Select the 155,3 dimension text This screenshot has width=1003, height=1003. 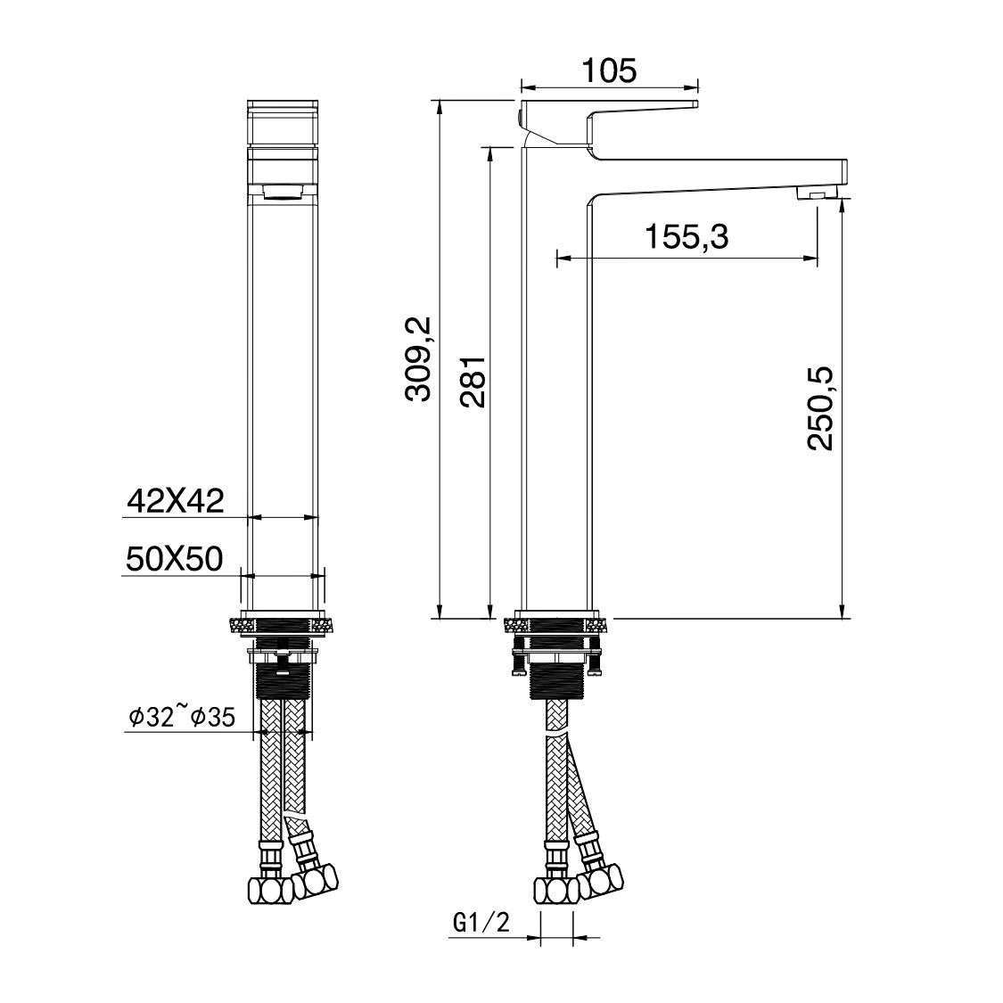[687, 237]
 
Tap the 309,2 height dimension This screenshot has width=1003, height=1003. [419, 358]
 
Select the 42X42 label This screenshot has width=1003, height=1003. [175, 501]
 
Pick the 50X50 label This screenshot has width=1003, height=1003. [174, 559]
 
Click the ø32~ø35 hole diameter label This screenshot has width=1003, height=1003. [181, 716]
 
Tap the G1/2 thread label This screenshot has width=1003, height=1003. [481, 925]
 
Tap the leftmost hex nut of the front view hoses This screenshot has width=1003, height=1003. [265, 889]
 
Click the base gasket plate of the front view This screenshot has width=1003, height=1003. [284, 621]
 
